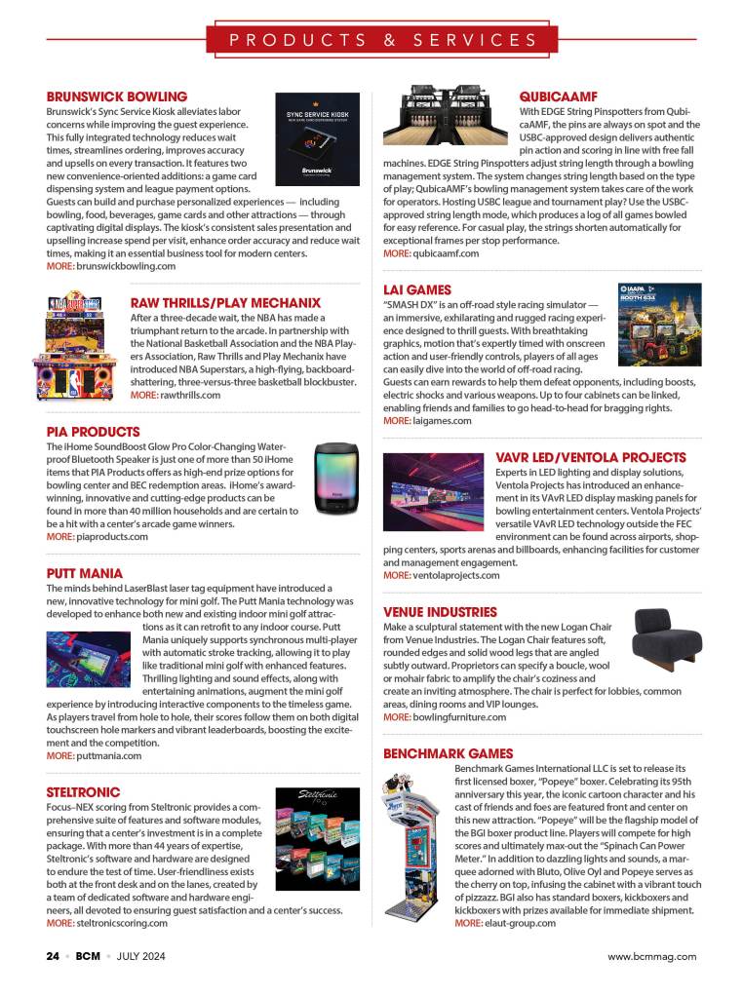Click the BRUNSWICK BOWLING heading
[117, 96]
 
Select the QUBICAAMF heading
[558, 96]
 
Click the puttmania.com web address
[109, 755]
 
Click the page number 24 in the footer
[53, 956]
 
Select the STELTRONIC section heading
[84, 792]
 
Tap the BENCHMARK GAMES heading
[448, 753]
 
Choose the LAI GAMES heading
[417, 289]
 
